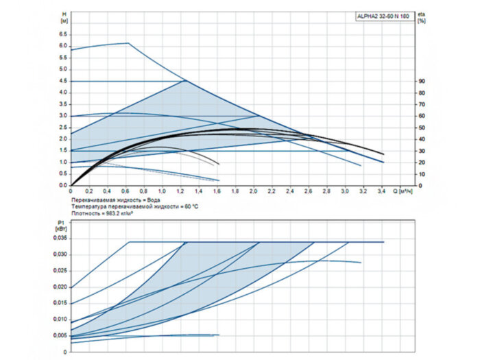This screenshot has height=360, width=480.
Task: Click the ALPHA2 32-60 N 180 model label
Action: (382, 15)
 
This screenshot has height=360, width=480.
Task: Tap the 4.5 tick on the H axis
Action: (62, 80)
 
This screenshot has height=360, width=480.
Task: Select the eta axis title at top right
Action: (420, 16)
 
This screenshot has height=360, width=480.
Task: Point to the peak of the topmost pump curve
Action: (128, 43)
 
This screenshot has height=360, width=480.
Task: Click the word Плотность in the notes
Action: (84, 213)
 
